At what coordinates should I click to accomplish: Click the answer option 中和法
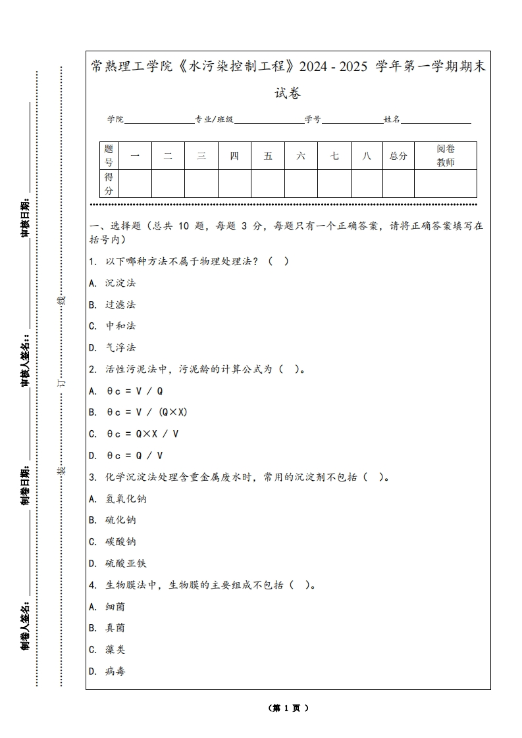(x=120, y=326)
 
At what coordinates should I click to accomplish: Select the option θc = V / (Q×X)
(x=147, y=412)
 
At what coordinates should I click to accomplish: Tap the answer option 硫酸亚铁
(x=126, y=563)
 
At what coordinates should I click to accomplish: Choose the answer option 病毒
(x=115, y=671)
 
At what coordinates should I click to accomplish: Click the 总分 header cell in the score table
(x=398, y=156)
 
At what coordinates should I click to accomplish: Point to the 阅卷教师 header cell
(x=446, y=156)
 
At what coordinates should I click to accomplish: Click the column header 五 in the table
(x=268, y=156)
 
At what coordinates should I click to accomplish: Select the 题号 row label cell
(x=109, y=156)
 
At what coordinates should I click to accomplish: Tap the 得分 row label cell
(x=109, y=184)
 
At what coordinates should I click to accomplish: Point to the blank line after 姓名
(x=436, y=120)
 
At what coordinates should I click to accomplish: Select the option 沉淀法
(x=120, y=283)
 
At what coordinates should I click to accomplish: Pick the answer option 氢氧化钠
(x=126, y=499)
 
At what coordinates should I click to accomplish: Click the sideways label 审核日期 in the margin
(x=26, y=218)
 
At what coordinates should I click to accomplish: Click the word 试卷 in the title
(x=288, y=93)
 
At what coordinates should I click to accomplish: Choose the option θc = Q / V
(x=135, y=455)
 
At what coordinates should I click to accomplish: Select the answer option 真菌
(x=115, y=627)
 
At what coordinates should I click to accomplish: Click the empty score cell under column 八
(x=367, y=184)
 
